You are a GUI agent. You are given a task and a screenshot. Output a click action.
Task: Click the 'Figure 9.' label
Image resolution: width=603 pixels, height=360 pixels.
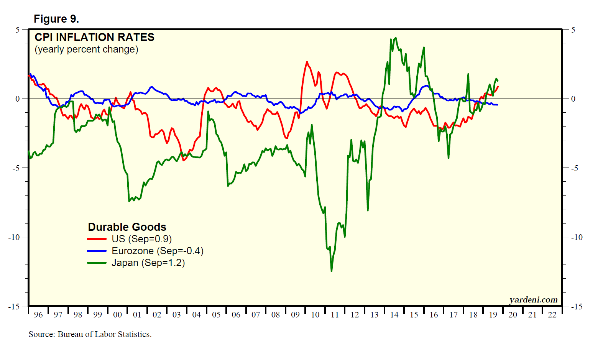tap(56, 19)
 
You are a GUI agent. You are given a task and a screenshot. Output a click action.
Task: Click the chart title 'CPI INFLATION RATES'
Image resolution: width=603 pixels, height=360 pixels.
tap(94, 37)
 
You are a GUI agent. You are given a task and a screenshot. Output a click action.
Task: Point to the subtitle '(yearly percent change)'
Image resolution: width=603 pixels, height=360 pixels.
tap(86, 49)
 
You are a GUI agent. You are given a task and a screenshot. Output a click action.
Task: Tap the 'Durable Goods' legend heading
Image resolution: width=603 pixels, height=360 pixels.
tap(127, 227)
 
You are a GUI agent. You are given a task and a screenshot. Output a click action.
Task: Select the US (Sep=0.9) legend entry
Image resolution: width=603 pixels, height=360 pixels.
tap(141, 239)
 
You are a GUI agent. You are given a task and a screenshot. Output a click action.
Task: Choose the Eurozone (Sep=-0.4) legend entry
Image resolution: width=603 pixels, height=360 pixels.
tap(157, 251)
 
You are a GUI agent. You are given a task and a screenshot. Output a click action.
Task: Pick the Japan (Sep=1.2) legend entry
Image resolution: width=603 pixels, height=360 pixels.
tap(148, 263)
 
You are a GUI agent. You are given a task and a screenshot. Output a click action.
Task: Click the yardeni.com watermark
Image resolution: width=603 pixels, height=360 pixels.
tap(533, 299)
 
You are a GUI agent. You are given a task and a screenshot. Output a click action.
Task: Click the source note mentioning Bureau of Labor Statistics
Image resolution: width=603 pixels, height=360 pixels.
tap(90, 334)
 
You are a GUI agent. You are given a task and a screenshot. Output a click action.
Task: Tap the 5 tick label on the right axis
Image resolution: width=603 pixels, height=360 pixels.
tap(573, 30)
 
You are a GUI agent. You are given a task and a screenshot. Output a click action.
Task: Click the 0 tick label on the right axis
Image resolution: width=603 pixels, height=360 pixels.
tap(573, 99)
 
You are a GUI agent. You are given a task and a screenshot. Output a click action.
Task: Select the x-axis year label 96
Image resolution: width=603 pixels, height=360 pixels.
tap(38, 315)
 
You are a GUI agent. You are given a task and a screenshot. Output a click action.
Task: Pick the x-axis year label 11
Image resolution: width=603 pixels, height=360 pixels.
tap(335, 315)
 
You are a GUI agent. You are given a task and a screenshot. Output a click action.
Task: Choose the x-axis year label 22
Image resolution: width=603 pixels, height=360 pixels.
tap(552, 315)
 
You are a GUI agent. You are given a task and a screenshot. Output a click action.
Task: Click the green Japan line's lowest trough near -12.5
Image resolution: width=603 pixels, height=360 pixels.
tap(331, 271)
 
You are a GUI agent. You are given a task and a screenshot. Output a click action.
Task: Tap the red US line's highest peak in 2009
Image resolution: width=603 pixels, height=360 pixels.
tap(307, 62)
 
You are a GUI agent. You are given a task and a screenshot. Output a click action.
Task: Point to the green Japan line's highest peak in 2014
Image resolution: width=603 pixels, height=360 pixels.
tap(396, 38)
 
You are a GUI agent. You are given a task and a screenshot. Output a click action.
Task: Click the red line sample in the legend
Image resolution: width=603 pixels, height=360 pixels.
tap(97, 239)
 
